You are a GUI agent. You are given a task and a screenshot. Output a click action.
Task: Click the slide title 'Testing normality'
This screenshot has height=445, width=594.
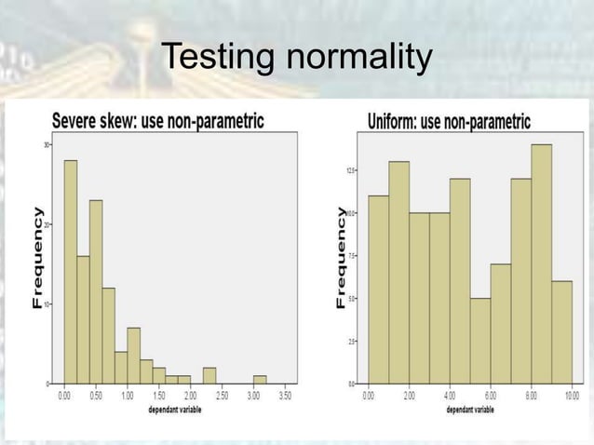click(296, 57)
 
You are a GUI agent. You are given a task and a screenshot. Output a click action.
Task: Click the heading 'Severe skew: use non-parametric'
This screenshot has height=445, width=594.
click(157, 121)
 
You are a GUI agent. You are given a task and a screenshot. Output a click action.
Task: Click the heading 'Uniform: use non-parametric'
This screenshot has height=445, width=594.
click(449, 121)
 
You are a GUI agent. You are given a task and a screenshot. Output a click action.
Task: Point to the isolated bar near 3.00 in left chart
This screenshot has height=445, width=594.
click(260, 380)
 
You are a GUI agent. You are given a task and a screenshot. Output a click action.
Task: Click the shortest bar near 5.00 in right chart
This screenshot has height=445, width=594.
click(480, 341)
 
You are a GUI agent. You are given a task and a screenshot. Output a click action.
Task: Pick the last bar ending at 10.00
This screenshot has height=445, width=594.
click(561, 331)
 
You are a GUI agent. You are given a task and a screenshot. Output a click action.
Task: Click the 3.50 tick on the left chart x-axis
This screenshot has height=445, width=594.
click(286, 396)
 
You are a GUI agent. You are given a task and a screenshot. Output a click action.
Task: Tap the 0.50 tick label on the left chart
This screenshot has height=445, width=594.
click(95, 396)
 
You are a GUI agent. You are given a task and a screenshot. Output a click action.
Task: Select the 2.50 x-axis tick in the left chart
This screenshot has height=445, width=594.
click(222, 396)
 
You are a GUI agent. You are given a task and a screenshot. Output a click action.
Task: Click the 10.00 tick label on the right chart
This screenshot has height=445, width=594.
click(572, 396)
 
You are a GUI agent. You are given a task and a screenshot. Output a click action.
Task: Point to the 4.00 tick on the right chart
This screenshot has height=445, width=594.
click(450, 396)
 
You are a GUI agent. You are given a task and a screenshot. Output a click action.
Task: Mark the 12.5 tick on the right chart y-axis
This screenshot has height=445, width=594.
click(351, 170)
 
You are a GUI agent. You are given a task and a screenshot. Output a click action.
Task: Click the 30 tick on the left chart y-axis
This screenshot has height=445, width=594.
click(47, 144)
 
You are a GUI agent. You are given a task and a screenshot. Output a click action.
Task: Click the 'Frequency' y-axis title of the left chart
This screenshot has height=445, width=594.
click(37, 260)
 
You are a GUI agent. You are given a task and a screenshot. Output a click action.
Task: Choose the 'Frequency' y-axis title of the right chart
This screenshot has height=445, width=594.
click(342, 259)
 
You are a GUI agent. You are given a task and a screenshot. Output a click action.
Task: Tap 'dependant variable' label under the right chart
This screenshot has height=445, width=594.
click(470, 410)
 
